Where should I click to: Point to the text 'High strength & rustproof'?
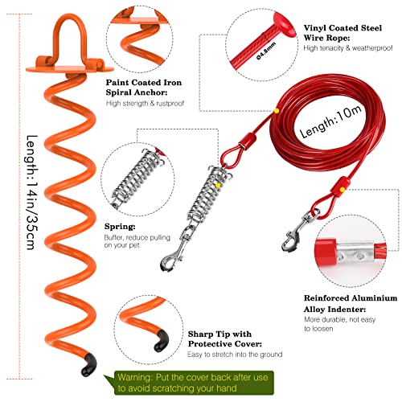click(146, 102)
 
